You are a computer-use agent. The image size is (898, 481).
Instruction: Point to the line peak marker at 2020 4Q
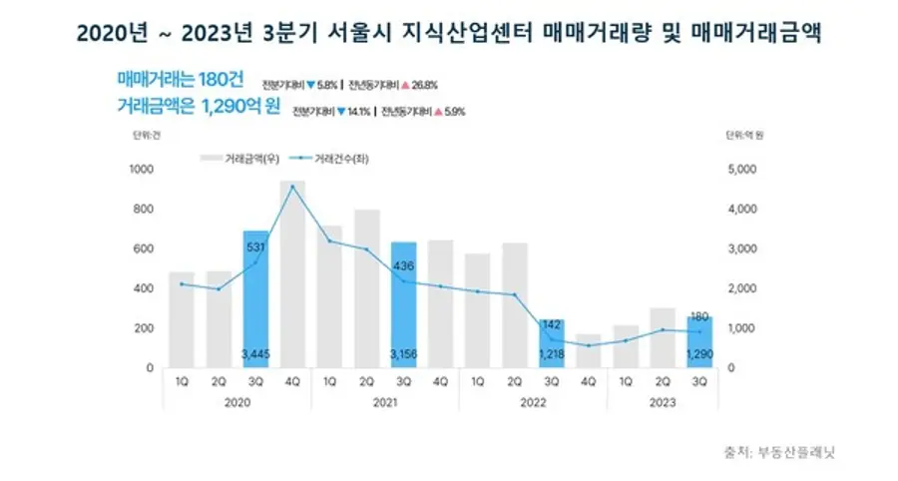[292, 187]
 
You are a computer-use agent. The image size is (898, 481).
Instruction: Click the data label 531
[255, 248]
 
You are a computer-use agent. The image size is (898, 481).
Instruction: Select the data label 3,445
[255, 352]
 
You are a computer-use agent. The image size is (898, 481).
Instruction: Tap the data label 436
[403, 265]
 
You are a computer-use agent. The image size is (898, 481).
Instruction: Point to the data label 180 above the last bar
[699, 317]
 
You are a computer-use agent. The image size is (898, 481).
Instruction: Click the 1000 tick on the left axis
[142, 170]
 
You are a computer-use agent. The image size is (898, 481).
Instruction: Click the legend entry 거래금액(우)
[240, 158]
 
